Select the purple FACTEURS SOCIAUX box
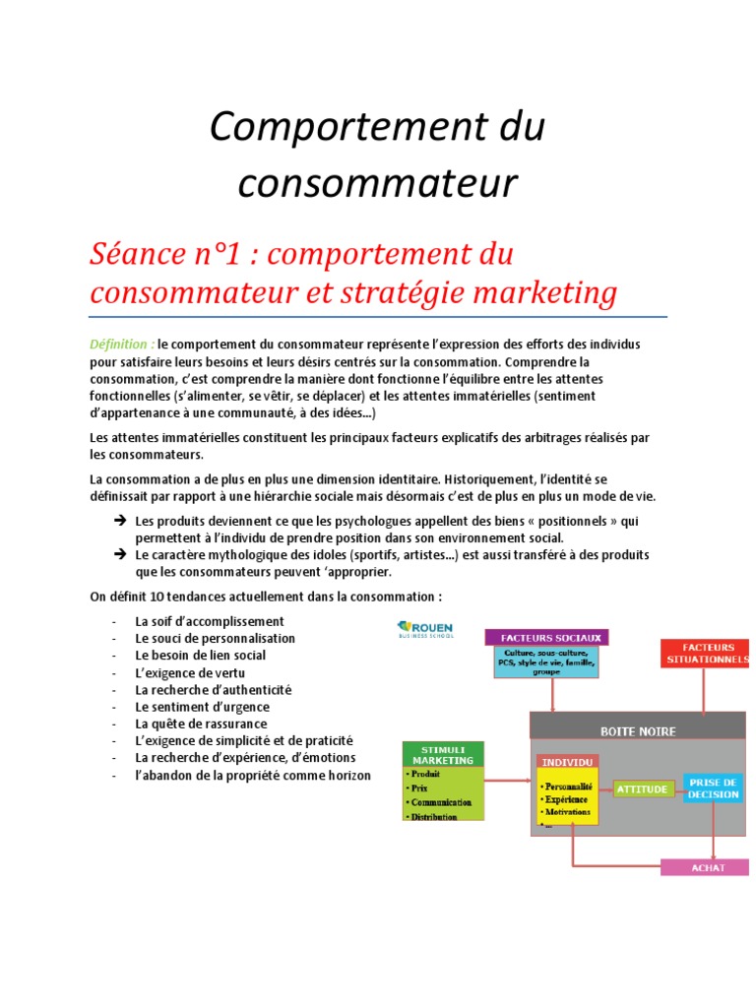[547, 637]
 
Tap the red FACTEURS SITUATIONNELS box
[705, 651]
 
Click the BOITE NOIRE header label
[638, 731]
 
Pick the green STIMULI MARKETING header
[443, 754]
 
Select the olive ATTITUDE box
[644, 788]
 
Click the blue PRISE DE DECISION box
[714, 787]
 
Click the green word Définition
[121, 344]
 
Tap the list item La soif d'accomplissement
[210, 621]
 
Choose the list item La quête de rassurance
[201, 724]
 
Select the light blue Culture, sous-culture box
[546, 662]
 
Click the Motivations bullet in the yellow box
[566, 813]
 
